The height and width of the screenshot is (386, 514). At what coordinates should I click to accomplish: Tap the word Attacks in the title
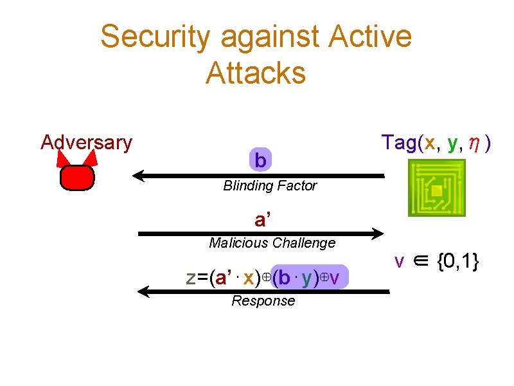click(256, 73)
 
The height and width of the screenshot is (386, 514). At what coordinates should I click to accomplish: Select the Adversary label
click(86, 142)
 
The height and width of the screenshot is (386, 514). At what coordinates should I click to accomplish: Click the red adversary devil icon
click(77, 177)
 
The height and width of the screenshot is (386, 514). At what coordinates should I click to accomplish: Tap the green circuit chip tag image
click(436, 188)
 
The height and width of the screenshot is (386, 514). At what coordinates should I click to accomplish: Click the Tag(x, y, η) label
click(437, 142)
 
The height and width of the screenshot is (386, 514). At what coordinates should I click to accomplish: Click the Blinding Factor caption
click(270, 186)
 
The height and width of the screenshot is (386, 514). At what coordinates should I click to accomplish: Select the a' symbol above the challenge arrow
click(262, 221)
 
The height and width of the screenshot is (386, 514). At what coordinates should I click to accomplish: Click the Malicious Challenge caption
click(272, 243)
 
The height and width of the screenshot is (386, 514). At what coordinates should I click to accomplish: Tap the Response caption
click(263, 301)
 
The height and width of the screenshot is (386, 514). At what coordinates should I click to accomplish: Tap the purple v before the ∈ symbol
click(400, 262)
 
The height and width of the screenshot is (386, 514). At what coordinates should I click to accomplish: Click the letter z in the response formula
click(191, 278)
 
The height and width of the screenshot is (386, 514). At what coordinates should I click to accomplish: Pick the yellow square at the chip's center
click(436, 191)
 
